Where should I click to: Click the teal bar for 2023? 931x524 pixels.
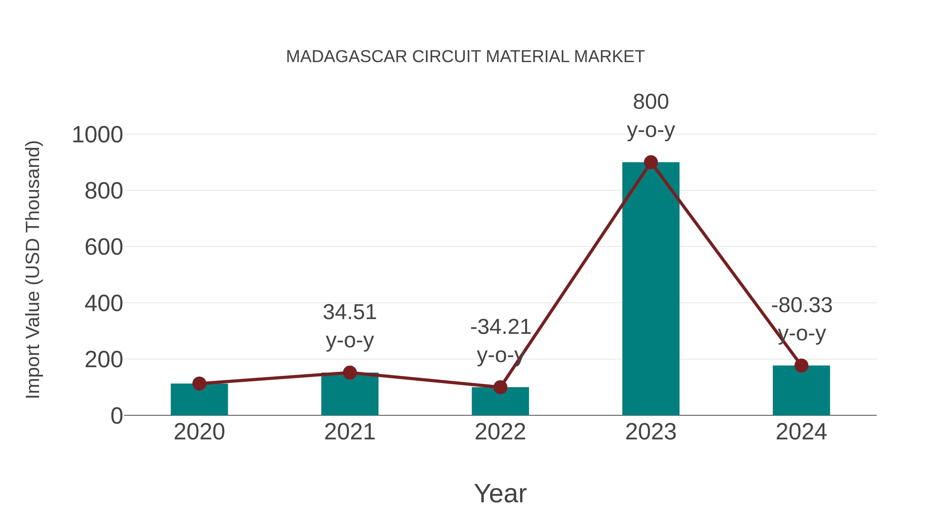[651, 289]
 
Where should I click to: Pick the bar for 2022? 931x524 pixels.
[500, 403]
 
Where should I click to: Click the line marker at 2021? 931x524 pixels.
[349, 372]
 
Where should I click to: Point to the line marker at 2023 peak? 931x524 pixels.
[651, 162]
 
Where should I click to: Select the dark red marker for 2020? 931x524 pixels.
[199, 383]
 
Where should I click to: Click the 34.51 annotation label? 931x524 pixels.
[349, 312]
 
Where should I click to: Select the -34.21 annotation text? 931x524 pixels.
[500, 327]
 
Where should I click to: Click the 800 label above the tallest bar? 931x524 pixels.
[651, 102]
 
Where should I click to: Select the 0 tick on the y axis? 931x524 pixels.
[116, 416]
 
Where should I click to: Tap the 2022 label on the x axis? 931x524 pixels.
[500, 432]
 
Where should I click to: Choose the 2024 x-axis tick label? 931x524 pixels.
[801, 432]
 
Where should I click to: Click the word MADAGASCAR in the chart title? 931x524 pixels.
[346, 57]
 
